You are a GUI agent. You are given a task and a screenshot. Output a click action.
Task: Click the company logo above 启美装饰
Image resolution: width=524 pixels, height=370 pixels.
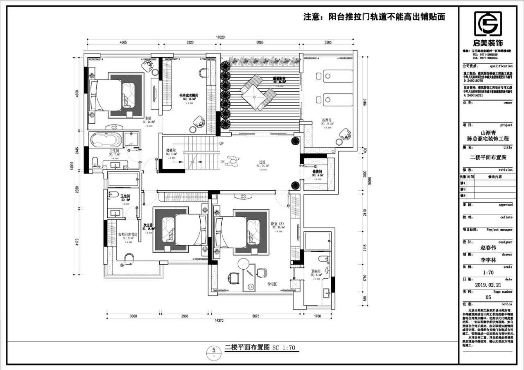click(x=488, y=24)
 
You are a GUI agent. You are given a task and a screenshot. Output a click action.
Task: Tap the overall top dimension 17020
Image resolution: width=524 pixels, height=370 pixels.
click(x=221, y=37)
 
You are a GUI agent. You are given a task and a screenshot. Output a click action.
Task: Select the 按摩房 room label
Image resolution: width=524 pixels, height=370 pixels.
click(x=326, y=120)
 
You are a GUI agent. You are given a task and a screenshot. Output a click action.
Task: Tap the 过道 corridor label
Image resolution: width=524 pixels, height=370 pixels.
click(x=262, y=162)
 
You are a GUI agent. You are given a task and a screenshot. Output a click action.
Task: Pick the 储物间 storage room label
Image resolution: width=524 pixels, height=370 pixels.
click(x=318, y=172)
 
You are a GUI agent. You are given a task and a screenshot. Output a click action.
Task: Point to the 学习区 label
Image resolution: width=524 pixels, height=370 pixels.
click(x=273, y=283)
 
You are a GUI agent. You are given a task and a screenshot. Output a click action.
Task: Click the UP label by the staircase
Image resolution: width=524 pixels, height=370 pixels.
click(x=221, y=144)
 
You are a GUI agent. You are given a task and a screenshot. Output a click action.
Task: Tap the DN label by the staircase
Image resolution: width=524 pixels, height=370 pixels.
click(x=222, y=162)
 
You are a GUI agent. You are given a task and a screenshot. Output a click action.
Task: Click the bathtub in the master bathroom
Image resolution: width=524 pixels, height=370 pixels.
click(x=106, y=140)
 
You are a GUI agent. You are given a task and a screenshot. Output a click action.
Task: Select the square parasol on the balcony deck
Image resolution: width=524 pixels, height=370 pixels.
click(x=254, y=97)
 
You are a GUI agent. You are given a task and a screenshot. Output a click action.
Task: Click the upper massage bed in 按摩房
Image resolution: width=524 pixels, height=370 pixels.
click(x=334, y=76)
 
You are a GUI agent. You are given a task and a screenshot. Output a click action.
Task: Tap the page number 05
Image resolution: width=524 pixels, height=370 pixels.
click(x=488, y=297)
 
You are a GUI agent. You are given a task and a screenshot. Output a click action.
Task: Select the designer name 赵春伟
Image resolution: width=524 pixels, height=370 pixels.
click(x=488, y=248)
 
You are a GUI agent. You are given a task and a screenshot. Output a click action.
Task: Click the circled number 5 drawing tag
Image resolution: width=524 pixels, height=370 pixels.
click(x=213, y=350)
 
